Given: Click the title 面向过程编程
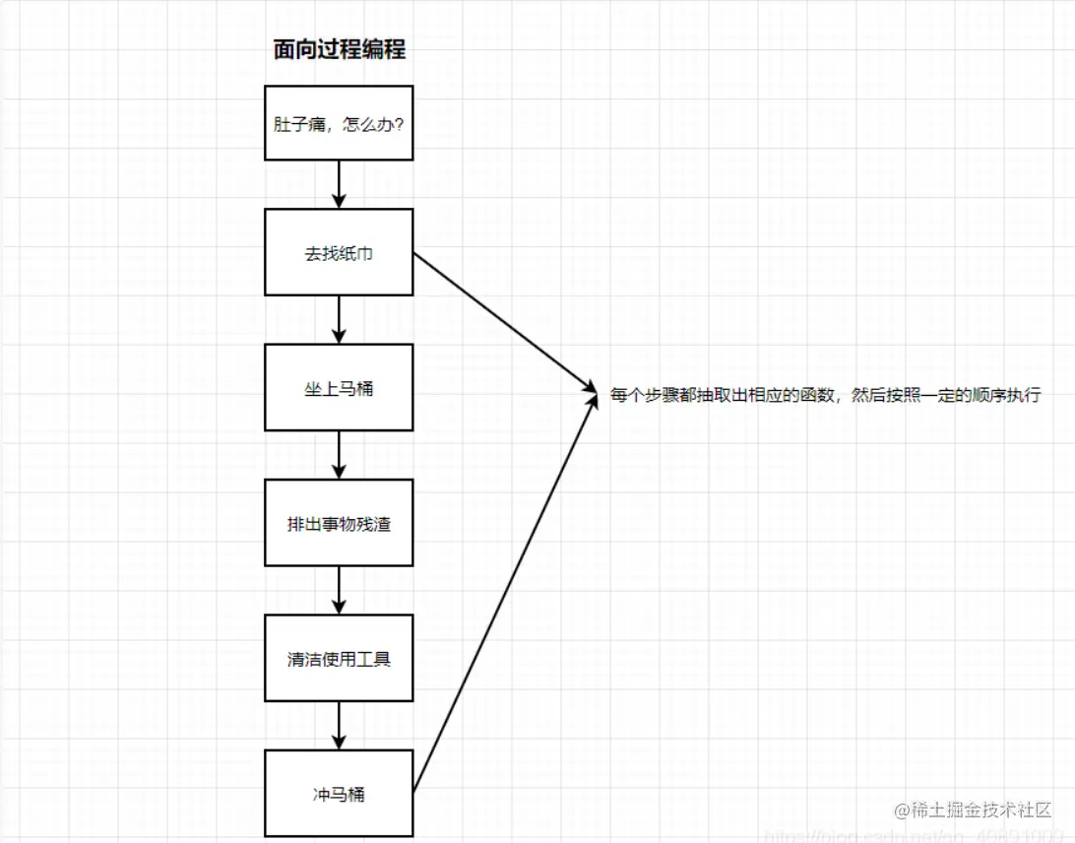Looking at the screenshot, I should [x=339, y=50].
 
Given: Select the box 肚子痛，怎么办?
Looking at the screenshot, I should [x=339, y=123].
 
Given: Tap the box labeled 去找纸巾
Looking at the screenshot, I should [x=339, y=252].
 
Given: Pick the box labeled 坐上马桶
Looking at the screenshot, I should [x=339, y=388].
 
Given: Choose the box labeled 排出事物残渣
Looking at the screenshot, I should [x=339, y=523].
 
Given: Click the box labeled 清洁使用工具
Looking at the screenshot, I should [x=339, y=659].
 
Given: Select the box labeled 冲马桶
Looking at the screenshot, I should [x=339, y=794].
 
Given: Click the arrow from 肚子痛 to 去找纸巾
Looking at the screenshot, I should [x=339, y=184].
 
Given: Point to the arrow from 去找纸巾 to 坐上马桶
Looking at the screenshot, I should [x=339, y=319].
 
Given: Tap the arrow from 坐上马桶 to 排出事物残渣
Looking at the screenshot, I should [x=339, y=455].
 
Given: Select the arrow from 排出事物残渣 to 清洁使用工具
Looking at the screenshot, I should [x=339, y=590].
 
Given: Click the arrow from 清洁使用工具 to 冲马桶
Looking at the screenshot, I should [x=339, y=726].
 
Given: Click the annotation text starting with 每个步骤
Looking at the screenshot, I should [x=825, y=396].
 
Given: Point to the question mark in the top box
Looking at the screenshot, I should [x=398, y=124].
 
